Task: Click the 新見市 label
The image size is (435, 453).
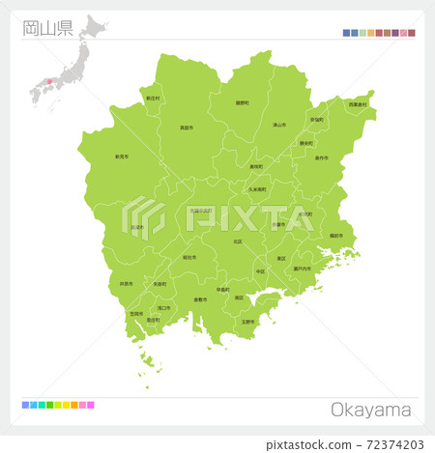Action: click(x=122, y=156)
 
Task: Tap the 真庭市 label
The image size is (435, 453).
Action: click(x=187, y=127)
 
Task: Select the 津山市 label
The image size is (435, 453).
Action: click(x=278, y=125)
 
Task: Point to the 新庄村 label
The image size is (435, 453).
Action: click(x=153, y=99)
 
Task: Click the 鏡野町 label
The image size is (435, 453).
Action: click(x=242, y=102)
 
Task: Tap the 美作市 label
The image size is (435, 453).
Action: click(x=322, y=157)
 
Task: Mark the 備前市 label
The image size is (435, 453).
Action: click(x=335, y=236)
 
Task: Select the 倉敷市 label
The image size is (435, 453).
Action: click(x=200, y=299)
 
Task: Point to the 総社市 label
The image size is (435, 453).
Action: click(x=189, y=257)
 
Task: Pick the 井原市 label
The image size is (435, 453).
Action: click(x=127, y=284)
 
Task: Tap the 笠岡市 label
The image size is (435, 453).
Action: click(x=136, y=314)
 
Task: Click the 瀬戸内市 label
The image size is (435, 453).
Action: click(x=302, y=269)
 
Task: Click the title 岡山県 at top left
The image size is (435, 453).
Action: click(x=46, y=27)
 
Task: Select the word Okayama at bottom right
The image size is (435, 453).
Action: click(x=371, y=411)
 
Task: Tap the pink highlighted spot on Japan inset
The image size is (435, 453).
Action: click(x=50, y=82)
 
